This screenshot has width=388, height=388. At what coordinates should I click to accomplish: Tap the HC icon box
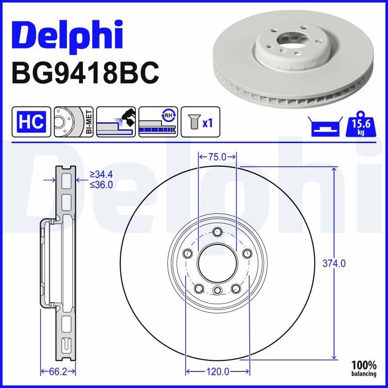pos(31,121)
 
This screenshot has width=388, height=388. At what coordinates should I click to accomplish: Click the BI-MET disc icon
pos(73,121)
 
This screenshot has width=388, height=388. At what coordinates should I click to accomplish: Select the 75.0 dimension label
pos(217,157)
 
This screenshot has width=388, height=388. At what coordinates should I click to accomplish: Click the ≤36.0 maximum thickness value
pos(101,184)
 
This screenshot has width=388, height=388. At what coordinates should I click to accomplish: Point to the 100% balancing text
pos(364,368)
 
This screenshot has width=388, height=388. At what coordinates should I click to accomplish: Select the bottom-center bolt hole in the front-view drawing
pos(217,291)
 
